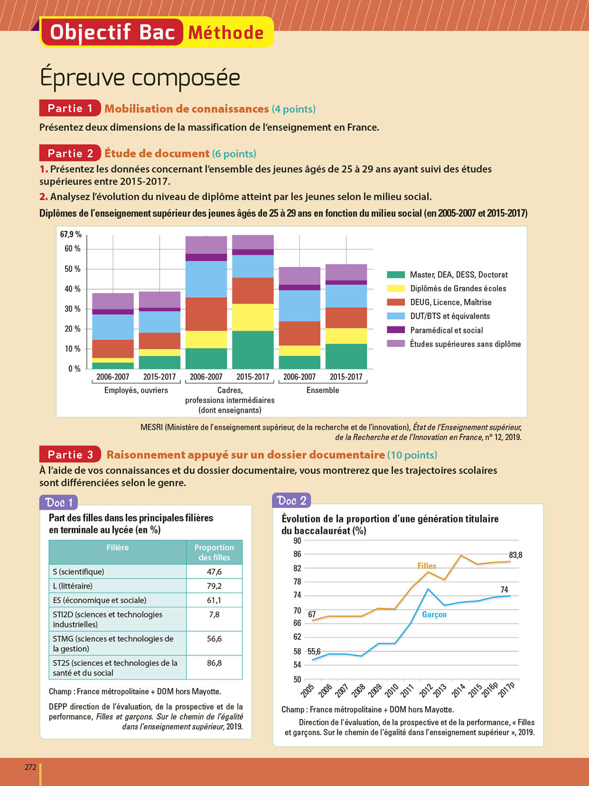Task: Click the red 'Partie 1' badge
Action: (70, 108)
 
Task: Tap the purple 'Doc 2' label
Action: (292, 500)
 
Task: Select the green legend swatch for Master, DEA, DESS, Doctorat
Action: (396, 275)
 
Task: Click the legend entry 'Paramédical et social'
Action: (446, 330)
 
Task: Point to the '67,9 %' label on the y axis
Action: (71, 234)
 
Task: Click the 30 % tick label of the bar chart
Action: (72, 309)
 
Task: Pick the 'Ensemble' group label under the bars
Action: (323, 390)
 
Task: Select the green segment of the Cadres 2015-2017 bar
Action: (253, 350)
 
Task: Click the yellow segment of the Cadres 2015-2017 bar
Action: (253, 317)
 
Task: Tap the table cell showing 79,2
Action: (214, 586)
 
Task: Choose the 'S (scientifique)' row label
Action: (79, 572)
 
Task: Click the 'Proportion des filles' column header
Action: (214, 552)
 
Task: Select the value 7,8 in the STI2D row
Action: (214, 615)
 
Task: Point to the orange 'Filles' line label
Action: (427, 566)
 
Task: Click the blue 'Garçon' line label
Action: (434, 615)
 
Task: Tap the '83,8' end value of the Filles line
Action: (516, 555)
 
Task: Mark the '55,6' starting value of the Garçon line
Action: (314, 651)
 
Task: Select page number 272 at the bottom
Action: (30, 767)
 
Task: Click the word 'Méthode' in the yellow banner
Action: (226, 32)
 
